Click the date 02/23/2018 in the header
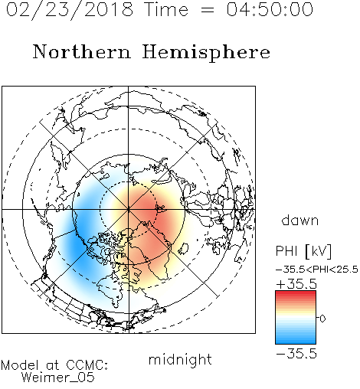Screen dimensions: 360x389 [70, 10]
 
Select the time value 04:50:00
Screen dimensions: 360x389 [270, 10]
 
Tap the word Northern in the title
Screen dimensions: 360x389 [82, 52]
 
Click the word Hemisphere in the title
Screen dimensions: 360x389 [206, 53]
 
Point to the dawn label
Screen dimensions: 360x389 [300, 221]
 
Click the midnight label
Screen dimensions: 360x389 [180, 360]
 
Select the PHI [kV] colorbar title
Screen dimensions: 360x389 [303, 251]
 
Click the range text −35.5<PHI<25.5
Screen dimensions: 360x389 [317, 270]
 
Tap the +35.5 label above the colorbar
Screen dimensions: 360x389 [296, 284]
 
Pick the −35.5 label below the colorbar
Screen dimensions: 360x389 [296, 354]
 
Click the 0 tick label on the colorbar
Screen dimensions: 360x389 [322, 319]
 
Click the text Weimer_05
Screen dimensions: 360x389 [58, 378]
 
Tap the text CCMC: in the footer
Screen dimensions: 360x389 [87, 365]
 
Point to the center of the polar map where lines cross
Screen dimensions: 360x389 [129, 209]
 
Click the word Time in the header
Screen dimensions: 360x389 [166, 10]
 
